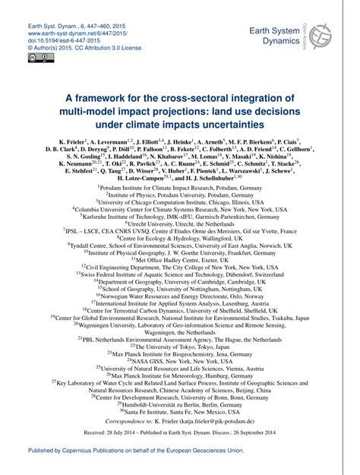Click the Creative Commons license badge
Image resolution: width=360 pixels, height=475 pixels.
37,57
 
